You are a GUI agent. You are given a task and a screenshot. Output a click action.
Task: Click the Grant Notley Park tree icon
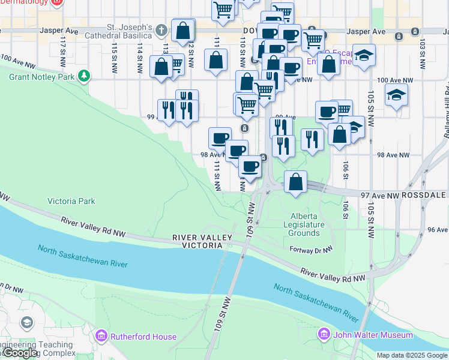pos(85,76)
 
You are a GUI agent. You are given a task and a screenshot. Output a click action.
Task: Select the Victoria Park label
pos(71,202)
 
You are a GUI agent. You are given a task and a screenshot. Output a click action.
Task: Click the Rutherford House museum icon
pos(101,335)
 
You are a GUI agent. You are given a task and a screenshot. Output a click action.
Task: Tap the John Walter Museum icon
pos(325,334)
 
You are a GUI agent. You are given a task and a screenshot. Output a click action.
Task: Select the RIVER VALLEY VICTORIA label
pos(202,242)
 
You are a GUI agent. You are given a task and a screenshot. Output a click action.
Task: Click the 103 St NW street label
pos(423,45)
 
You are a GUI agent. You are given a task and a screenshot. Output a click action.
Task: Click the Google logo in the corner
pos(20,353)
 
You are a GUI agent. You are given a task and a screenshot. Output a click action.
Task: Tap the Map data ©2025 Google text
pos(412,355)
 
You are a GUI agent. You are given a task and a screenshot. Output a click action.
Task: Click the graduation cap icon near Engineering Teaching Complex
pos(26,323)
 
